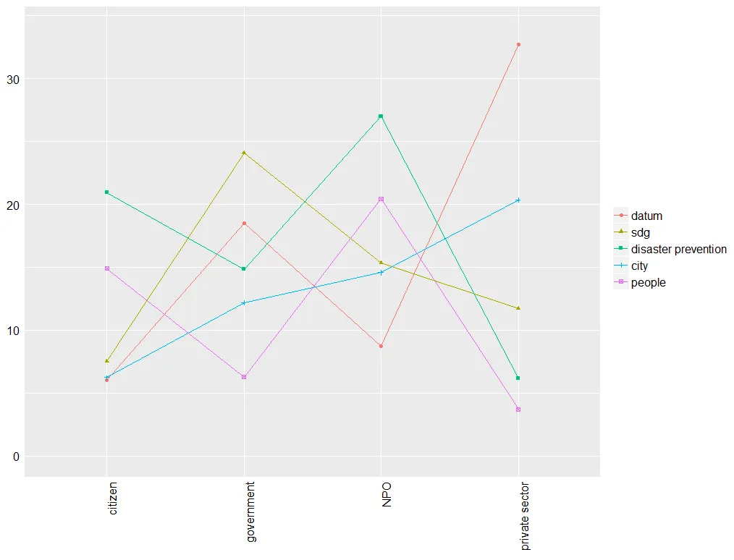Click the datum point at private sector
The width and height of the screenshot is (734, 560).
[518, 45]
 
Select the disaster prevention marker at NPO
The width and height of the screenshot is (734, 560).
[381, 116]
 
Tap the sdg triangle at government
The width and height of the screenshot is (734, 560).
[244, 153]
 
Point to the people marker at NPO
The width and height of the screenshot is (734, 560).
[381, 199]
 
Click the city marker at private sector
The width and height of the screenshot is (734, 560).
[518, 200]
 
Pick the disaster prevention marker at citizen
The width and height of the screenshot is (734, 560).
[107, 192]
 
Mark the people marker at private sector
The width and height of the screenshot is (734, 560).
[518, 410]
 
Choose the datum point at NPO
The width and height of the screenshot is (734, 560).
[381, 347]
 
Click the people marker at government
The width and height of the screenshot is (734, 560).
[244, 377]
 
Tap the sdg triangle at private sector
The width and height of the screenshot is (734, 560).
[518, 308]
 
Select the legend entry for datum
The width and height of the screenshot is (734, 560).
[646, 216]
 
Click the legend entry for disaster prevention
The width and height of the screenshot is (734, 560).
[678, 249]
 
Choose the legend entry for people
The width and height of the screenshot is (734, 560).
[648, 282]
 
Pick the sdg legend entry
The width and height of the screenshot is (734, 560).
[641, 232]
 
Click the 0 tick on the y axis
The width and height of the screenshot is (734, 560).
[14, 457]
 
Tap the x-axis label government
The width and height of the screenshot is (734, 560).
[250, 512]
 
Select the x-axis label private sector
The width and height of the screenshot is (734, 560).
[525, 516]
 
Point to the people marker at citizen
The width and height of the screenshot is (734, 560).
[107, 268]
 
